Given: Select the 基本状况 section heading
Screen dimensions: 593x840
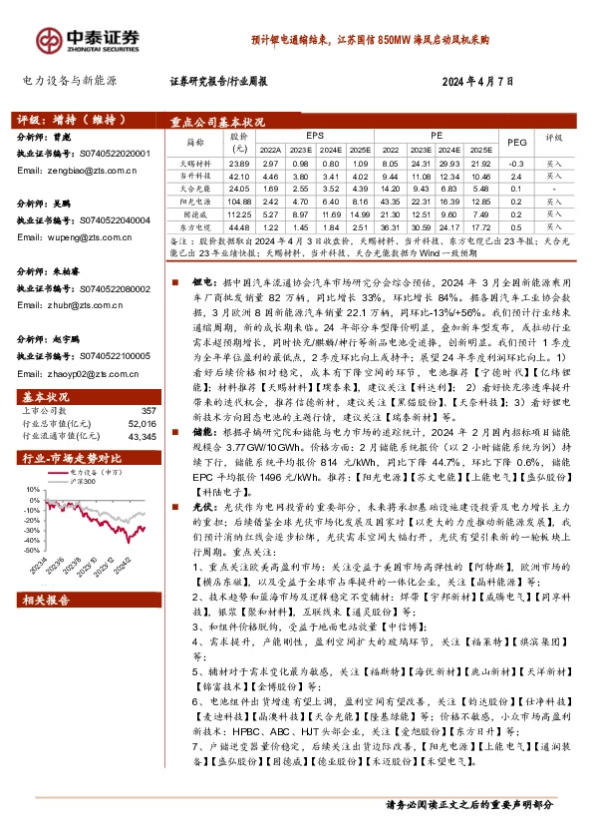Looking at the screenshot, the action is pos(46,396).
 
